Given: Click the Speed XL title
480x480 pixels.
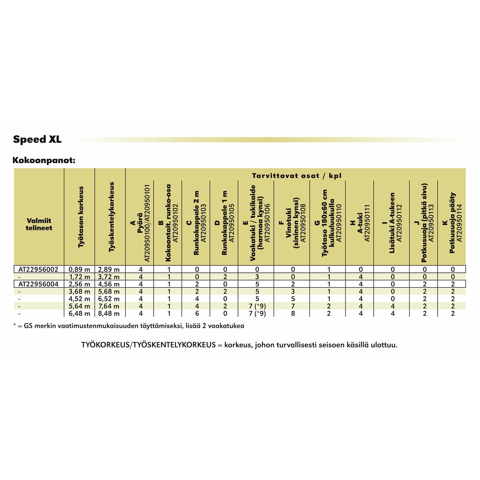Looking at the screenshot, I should pyautogui.click(x=37, y=140).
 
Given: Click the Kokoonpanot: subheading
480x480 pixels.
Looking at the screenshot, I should pyautogui.click(x=44, y=160).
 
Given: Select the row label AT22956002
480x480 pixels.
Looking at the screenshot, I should pyautogui.click(x=38, y=270).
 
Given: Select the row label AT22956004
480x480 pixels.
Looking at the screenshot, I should pyautogui.click(x=38, y=284).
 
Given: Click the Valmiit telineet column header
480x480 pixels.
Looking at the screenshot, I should pyautogui.click(x=39, y=224).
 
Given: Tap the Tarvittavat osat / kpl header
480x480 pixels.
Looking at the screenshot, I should pyautogui.click(x=296, y=176).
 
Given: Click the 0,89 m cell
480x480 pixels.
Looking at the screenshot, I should pyautogui.click(x=79, y=270).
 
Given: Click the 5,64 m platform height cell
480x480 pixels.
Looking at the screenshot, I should pyautogui.click(x=79, y=306).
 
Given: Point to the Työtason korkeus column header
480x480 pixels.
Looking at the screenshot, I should pyautogui.click(x=80, y=216).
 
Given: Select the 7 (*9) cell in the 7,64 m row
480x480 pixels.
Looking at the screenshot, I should pyautogui.click(x=257, y=306).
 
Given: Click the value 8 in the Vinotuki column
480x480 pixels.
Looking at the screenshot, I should pyautogui.click(x=293, y=314).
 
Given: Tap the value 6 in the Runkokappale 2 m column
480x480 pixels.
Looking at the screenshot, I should pyautogui.click(x=196, y=314).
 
